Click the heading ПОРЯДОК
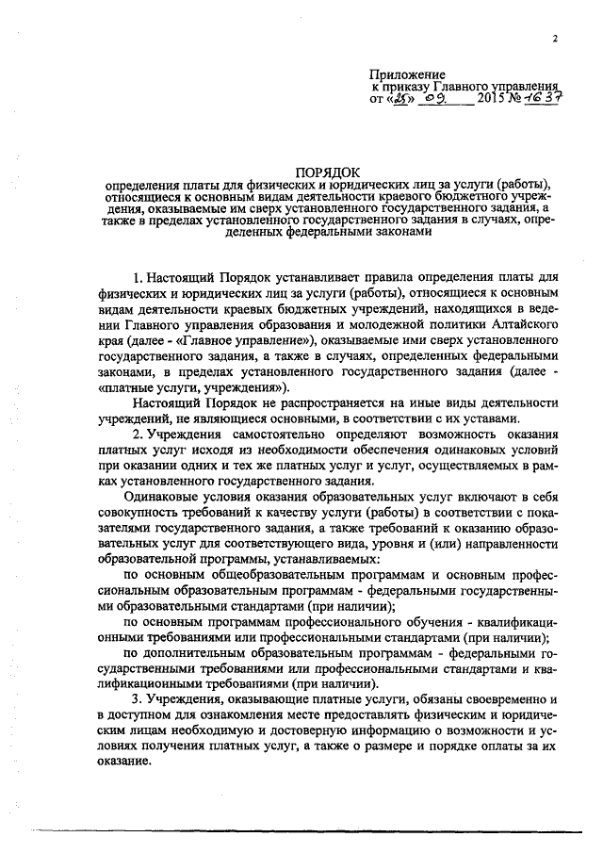click(328, 171)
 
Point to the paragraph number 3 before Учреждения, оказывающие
click(138, 699)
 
